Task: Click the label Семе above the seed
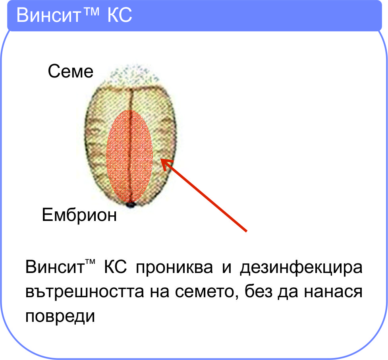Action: click(71, 71)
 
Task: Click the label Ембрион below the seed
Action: click(79, 215)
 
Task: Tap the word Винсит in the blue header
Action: click(48, 15)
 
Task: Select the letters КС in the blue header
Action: click(120, 15)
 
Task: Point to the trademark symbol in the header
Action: click(91, 11)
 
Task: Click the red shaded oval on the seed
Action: click(129, 155)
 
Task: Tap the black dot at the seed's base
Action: click(130, 205)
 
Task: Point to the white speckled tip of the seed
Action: click(134, 74)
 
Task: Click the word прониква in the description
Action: click(174, 267)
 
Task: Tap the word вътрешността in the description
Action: click(85, 291)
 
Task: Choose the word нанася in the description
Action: click(333, 292)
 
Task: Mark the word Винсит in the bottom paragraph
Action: click(55, 267)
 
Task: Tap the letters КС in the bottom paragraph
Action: click(115, 267)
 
